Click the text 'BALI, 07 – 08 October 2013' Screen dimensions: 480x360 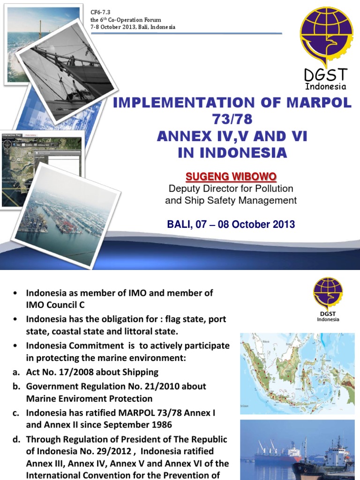click(231, 224)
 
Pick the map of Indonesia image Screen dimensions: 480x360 click(297, 374)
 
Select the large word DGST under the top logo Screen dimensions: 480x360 click(325, 75)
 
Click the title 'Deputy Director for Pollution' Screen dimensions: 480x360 click(231, 189)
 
